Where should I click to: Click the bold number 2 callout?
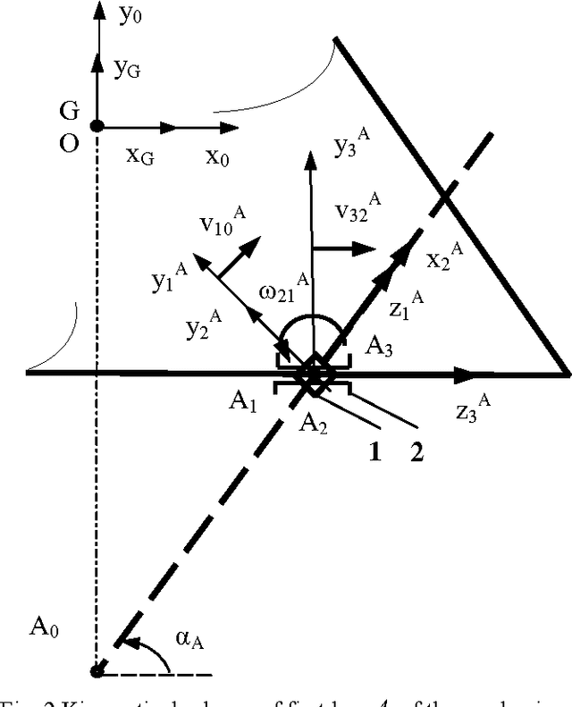point(416,448)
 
